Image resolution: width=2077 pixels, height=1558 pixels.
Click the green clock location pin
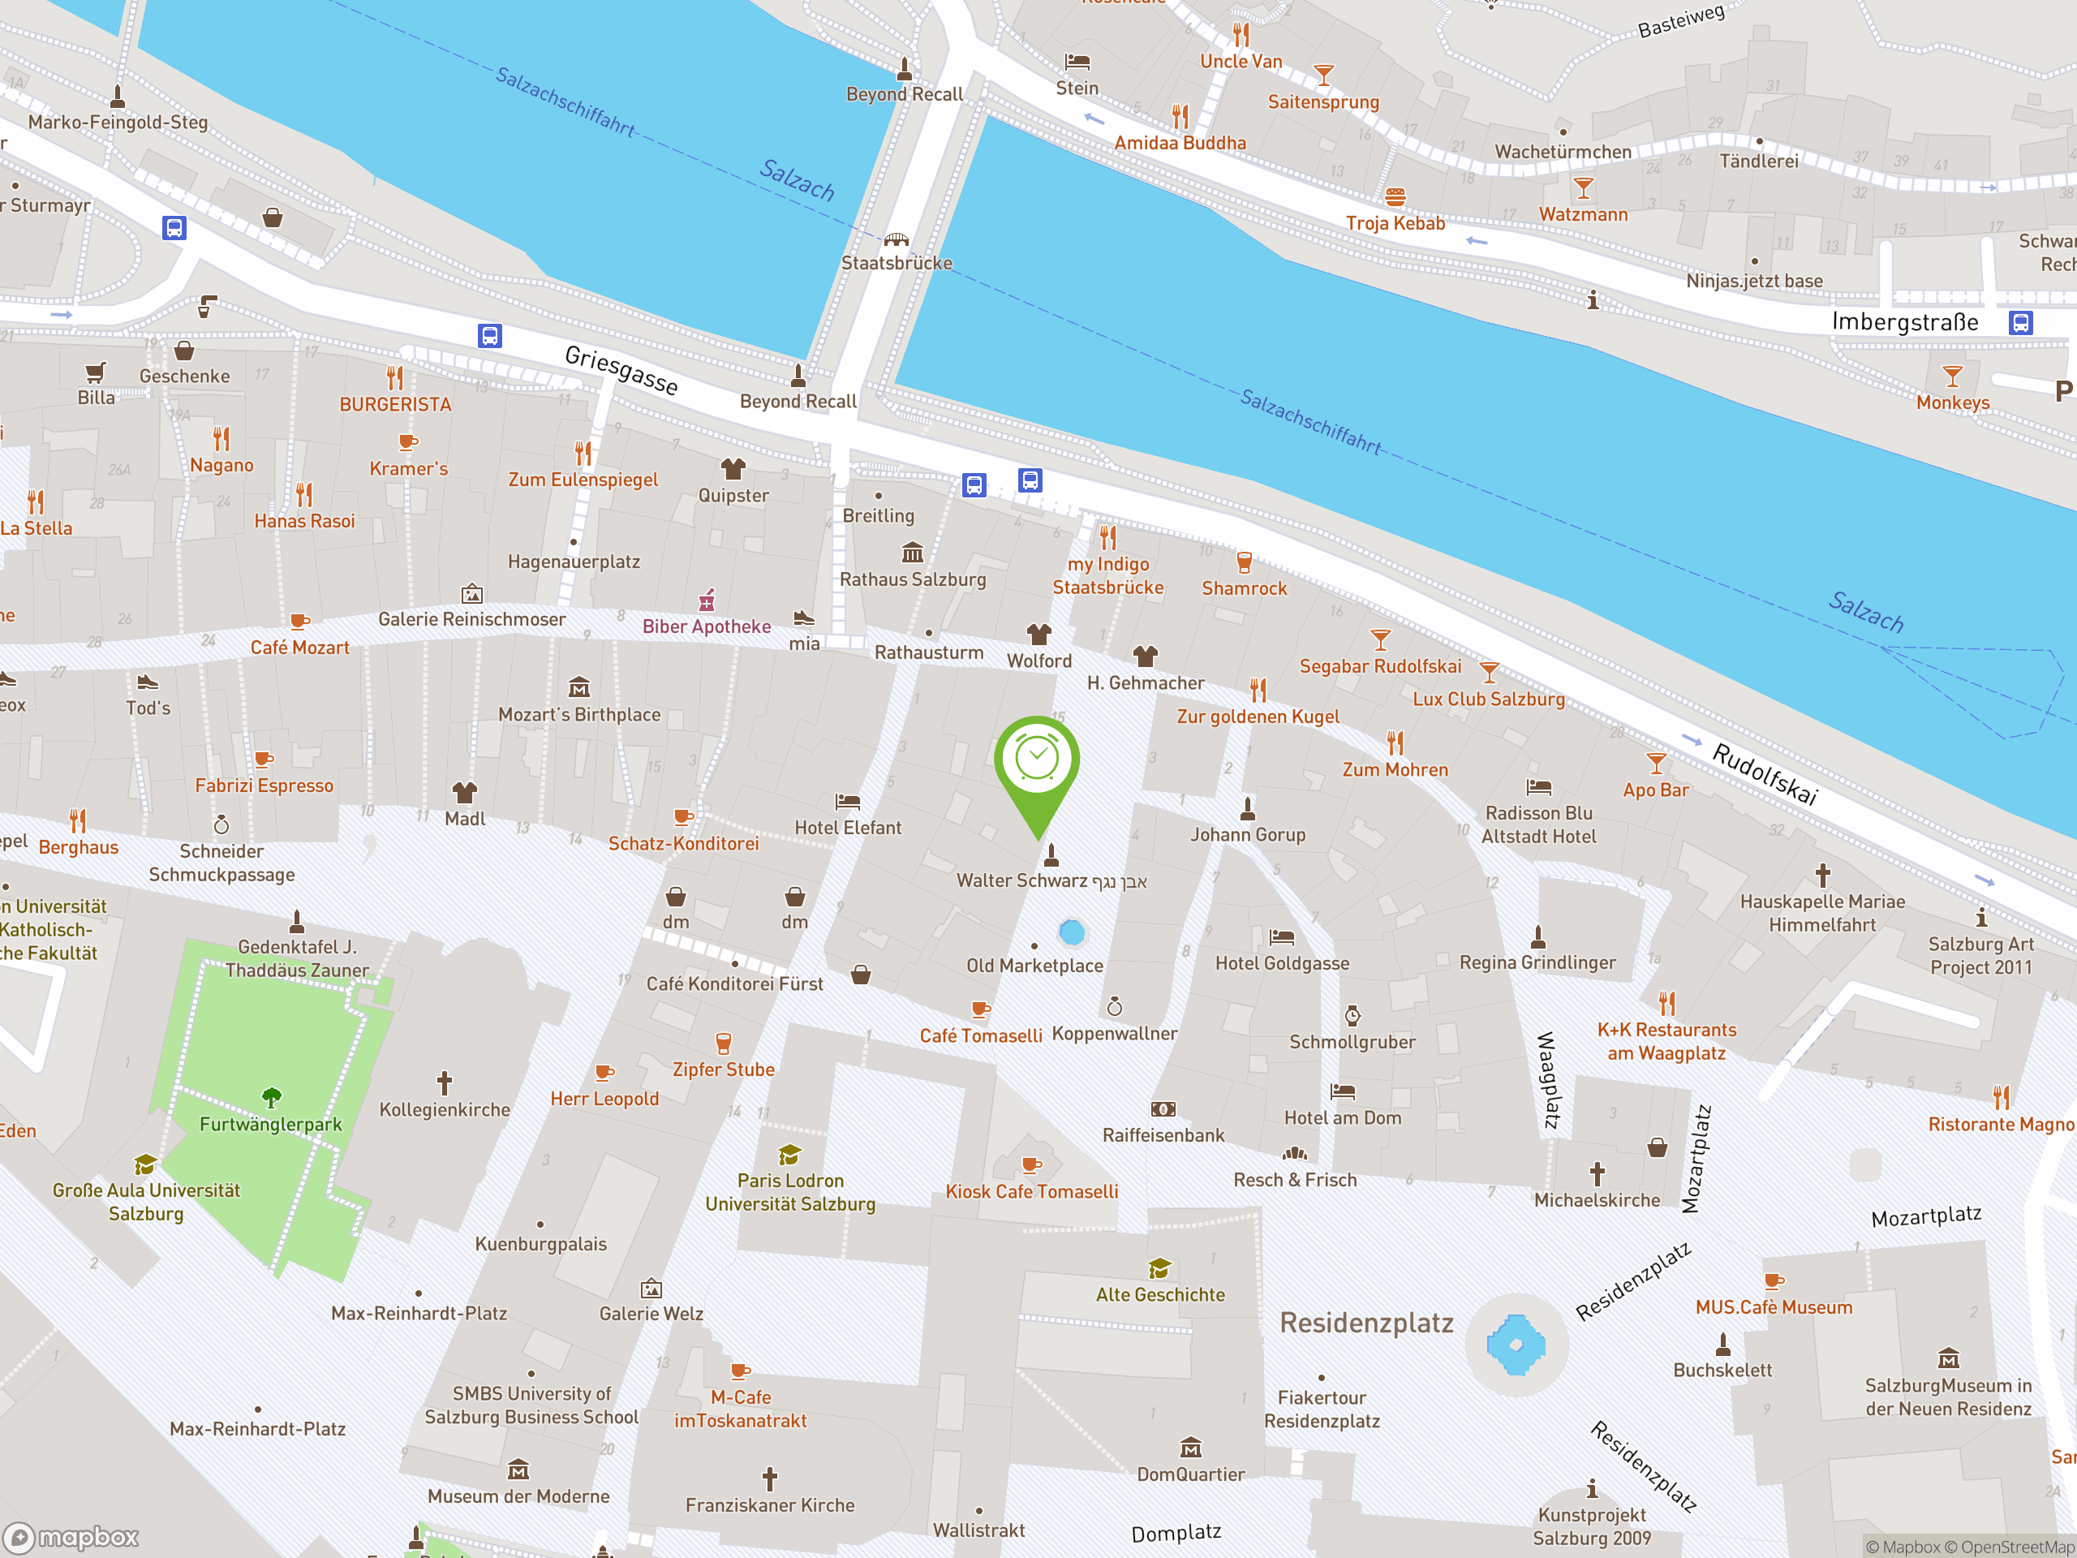click(1037, 763)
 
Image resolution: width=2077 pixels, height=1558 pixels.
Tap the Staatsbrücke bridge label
click(896, 263)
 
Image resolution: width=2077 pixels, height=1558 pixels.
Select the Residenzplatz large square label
click(1366, 1323)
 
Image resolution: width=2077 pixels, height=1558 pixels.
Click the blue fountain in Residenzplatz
click(1516, 1345)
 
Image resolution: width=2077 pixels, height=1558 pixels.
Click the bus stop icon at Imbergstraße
click(2021, 323)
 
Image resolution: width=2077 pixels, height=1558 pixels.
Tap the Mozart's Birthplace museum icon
click(579, 688)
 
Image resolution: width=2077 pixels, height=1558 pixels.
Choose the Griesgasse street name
click(621, 369)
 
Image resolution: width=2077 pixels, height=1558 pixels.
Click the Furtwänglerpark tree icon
click(271, 1097)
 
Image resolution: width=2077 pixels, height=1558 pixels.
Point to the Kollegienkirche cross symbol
click(444, 1082)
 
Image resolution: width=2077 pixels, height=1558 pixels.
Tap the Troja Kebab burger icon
click(1395, 197)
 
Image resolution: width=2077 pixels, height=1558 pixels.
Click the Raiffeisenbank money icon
click(1163, 1109)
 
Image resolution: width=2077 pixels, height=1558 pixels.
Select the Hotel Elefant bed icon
click(847, 802)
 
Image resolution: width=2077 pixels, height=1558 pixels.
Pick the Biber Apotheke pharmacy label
click(706, 626)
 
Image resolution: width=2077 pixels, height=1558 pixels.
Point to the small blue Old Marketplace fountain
click(1072, 932)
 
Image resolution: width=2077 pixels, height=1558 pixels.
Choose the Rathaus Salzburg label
click(913, 579)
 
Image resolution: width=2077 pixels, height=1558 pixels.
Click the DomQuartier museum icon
click(1190, 1447)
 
